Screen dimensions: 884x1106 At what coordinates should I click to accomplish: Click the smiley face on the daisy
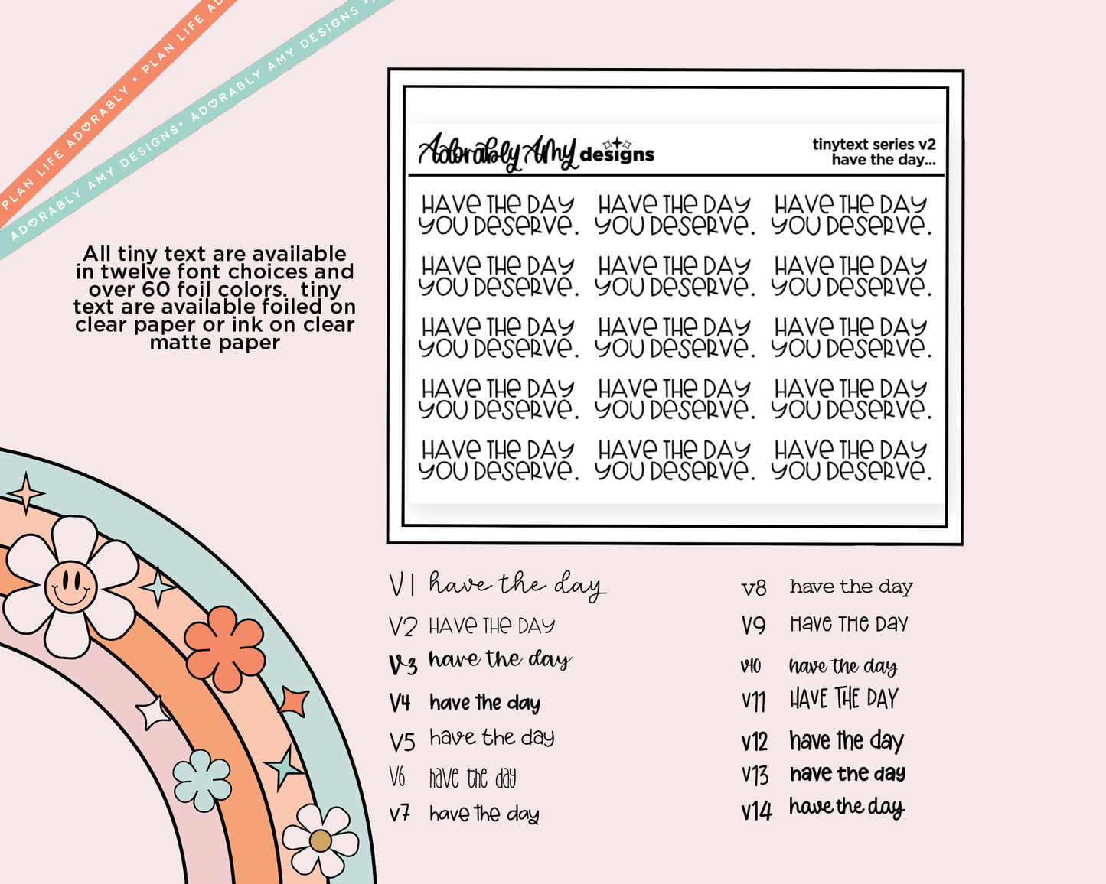[x=70, y=587]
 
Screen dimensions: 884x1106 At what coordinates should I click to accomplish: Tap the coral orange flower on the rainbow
[x=224, y=648]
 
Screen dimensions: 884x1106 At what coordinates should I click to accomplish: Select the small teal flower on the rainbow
[x=202, y=780]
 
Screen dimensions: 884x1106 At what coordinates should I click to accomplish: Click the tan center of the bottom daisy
[x=320, y=840]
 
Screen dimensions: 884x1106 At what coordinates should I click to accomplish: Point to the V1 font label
[x=402, y=585]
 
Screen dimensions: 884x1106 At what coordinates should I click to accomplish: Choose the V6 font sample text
[x=472, y=778]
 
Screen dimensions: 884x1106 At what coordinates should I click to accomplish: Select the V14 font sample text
[x=847, y=808]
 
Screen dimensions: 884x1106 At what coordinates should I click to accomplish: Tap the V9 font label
[x=754, y=626]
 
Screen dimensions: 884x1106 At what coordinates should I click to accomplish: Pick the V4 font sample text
[x=484, y=703]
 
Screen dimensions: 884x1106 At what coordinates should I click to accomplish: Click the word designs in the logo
[x=617, y=154]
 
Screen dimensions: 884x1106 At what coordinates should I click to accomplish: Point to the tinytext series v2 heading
[x=874, y=144]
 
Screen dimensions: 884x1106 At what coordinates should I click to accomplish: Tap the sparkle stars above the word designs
[x=617, y=143]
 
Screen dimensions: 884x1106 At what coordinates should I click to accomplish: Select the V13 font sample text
[x=847, y=774]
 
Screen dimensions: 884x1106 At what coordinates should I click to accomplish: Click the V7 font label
[x=400, y=814]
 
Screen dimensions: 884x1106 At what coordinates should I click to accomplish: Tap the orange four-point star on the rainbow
[x=293, y=700]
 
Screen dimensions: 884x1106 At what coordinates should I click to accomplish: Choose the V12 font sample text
[x=847, y=740]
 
